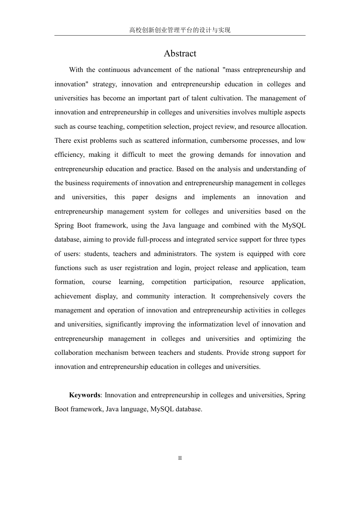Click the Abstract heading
click(180, 53)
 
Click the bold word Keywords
click(85, 395)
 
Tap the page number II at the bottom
click(180, 458)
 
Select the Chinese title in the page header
click(180, 30)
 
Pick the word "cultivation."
click(226, 98)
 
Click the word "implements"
click(219, 197)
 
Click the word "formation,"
click(70, 282)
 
